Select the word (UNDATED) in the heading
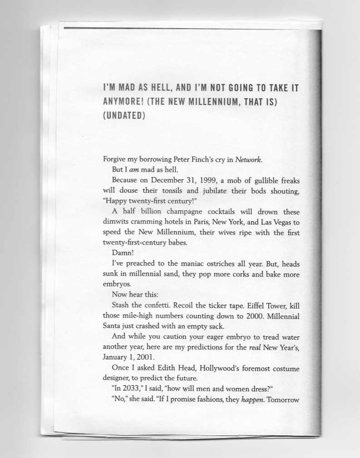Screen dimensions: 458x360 click(124, 115)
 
